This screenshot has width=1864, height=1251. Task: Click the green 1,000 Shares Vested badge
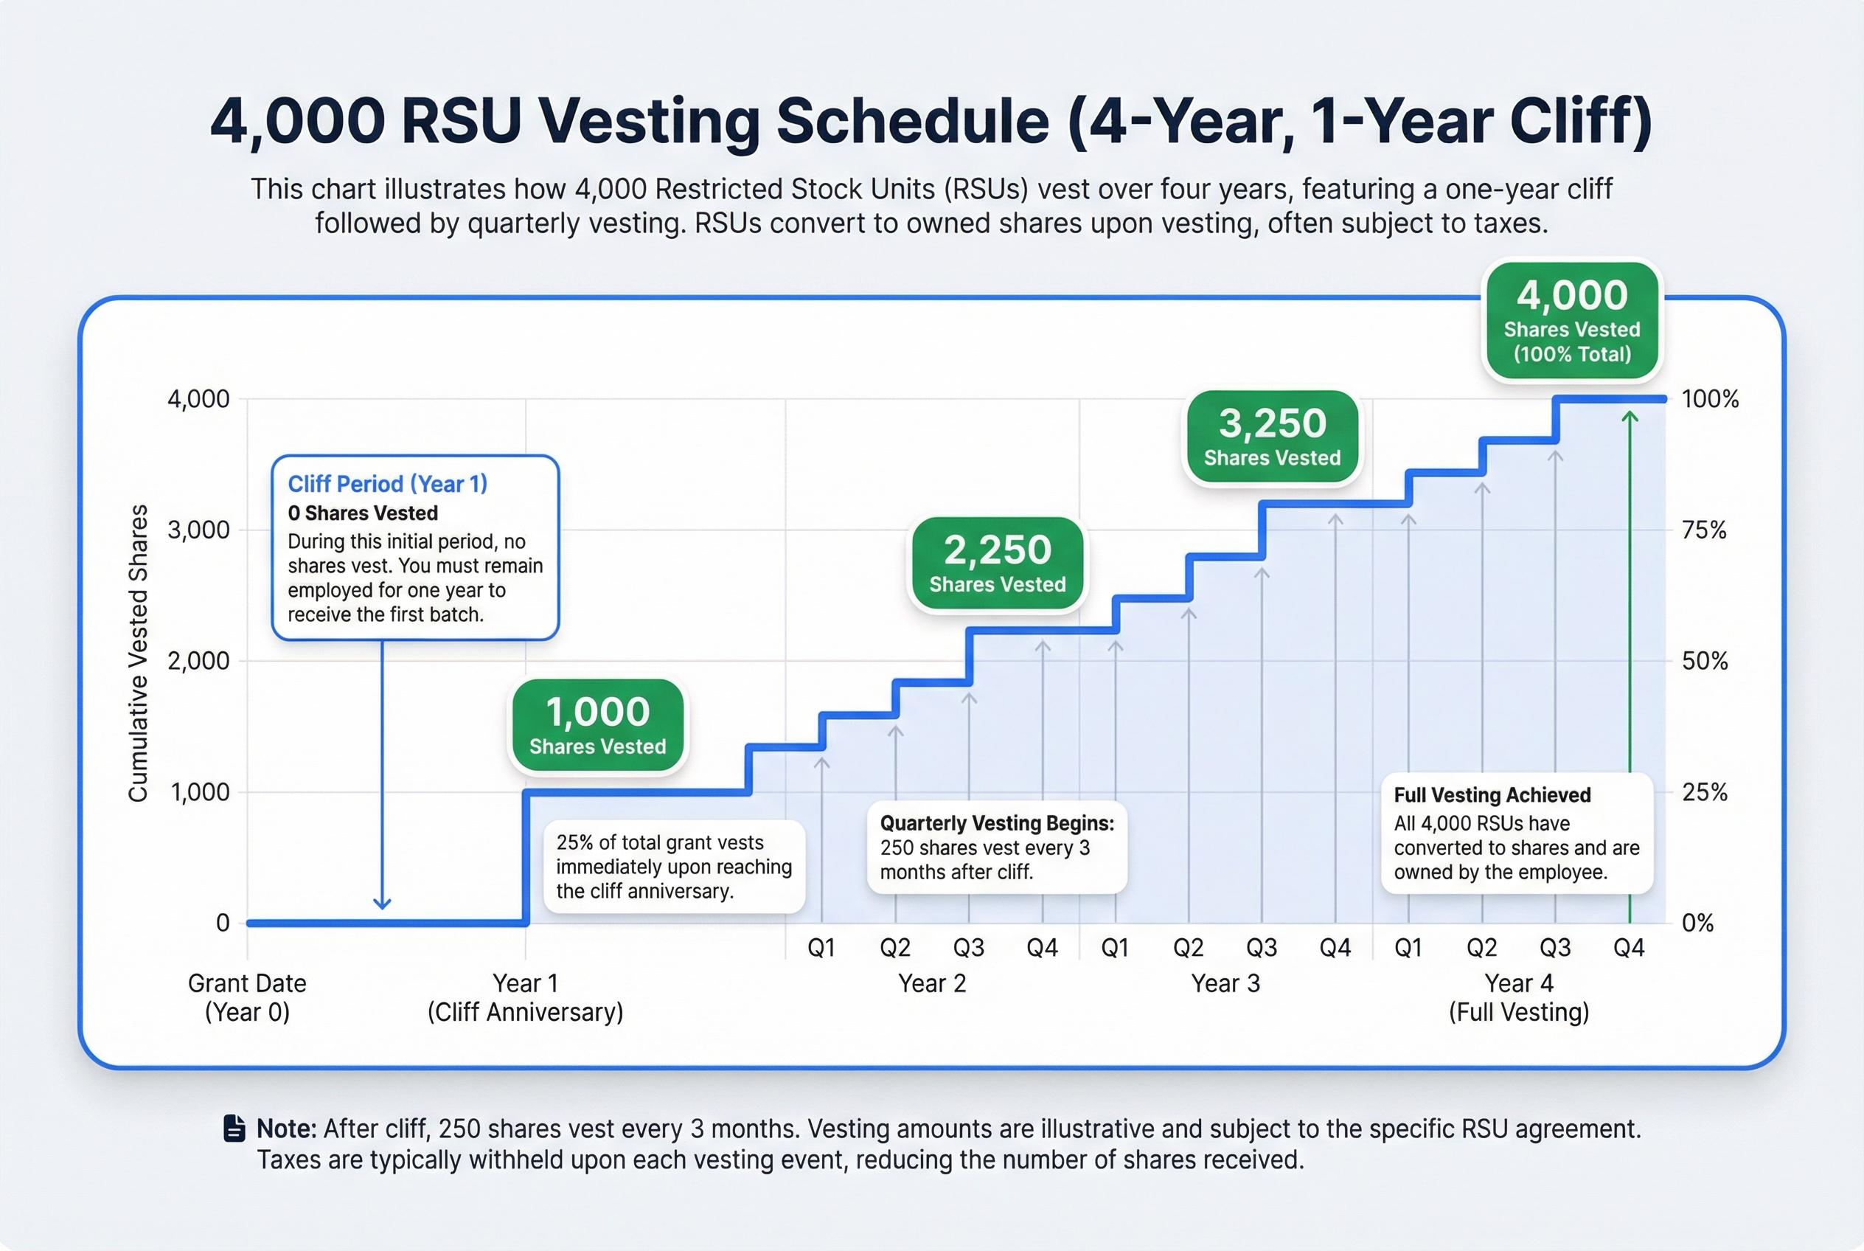[x=597, y=725]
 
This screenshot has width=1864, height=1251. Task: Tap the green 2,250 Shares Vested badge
[x=997, y=564]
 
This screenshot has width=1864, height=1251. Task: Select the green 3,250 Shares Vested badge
[x=1272, y=437]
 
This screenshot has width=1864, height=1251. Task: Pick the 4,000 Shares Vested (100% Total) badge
[x=1571, y=320]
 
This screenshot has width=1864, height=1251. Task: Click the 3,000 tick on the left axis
[x=198, y=530]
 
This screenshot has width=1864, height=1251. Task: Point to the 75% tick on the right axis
[x=1704, y=530]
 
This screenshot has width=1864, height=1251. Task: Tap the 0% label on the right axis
[x=1697, y=923]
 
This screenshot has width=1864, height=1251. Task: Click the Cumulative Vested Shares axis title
[x=139, y=653]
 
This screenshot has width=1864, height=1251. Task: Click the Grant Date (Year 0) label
[x=247, y=997]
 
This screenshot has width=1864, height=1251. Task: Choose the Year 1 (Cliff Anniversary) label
[x=525, y=997]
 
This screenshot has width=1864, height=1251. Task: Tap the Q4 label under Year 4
[x=1629, y=948]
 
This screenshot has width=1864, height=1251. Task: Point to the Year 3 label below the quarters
[x=1225, y=984]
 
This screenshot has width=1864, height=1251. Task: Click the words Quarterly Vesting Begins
[x=996, y=823]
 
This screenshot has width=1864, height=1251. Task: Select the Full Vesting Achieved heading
[x=1492, y=795]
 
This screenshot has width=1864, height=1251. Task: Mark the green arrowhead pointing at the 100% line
[x=1630, y=418]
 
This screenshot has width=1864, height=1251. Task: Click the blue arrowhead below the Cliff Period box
[x=382, y=903]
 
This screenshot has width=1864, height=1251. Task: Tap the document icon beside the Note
[x=234, y=1128]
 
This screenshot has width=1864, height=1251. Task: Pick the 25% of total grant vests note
[x=674, y=867]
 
